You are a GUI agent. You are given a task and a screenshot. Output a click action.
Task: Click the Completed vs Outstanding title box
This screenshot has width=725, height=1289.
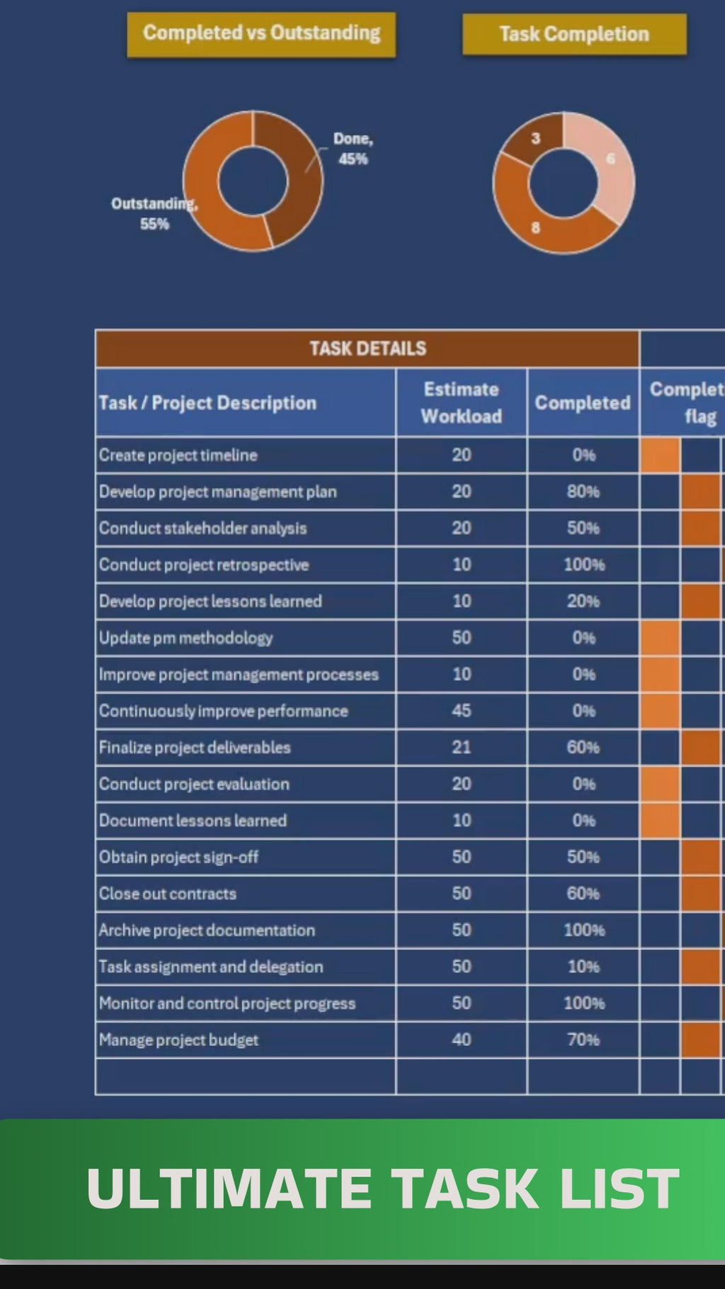point(261,33)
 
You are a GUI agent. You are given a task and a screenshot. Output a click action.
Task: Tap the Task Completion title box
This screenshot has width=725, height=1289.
point(574,34)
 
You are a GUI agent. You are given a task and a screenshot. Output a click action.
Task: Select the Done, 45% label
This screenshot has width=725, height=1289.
point(353,149)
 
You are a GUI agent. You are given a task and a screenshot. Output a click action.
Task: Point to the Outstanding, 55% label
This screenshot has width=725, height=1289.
point(154,213)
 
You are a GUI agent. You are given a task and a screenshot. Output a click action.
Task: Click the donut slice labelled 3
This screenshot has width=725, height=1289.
point(535,139)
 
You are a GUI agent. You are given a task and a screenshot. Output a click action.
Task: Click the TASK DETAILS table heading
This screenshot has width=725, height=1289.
point(367,348)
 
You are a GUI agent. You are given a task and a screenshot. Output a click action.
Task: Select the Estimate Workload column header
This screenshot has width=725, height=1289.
point(462,402)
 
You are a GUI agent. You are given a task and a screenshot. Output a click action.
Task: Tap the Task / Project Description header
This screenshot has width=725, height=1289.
point(207,403)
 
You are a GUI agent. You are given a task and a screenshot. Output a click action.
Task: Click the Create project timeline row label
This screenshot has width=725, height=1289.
point(178,455)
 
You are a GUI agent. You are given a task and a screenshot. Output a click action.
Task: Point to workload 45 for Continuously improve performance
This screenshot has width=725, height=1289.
point(462,710)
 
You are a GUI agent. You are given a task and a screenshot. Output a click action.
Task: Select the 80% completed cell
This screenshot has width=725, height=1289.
point(583,492)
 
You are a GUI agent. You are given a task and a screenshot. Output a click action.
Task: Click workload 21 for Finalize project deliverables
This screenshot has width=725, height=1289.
point(462,747)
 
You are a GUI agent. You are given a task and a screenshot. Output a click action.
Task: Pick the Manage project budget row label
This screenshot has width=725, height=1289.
point(178,1040)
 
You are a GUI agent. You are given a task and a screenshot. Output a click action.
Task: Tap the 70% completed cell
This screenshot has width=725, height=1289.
point(583,1040)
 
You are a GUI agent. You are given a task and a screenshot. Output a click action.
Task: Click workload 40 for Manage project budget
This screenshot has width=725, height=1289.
point(462,1040)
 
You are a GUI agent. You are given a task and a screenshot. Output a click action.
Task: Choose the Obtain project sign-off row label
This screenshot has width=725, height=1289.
point(178,857)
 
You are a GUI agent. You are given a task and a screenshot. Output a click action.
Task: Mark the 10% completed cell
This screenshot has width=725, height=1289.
point(583,967)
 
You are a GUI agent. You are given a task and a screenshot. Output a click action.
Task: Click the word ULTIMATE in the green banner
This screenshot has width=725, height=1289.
point(229,1188)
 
